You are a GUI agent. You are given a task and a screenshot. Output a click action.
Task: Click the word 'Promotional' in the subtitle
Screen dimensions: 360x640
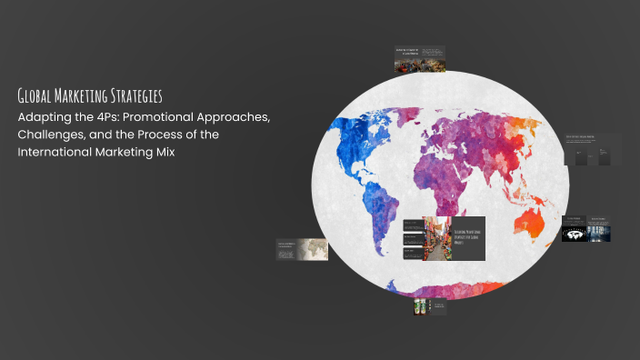(x=176, y=118)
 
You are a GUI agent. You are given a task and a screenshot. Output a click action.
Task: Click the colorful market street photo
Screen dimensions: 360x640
(x=436, y=238)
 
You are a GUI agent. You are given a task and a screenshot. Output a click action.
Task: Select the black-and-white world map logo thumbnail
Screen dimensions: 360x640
(x=573, y=234)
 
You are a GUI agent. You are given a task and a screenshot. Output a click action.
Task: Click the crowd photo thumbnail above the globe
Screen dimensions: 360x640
(x=406, y=64)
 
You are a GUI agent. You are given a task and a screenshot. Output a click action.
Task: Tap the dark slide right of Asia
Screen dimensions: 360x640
(x=593, y=149)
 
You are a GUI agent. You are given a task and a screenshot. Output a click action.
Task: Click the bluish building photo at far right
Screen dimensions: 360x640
(x=599, y=233)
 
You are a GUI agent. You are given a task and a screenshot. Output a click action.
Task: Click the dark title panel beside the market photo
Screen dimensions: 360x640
(x=468, y=238)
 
